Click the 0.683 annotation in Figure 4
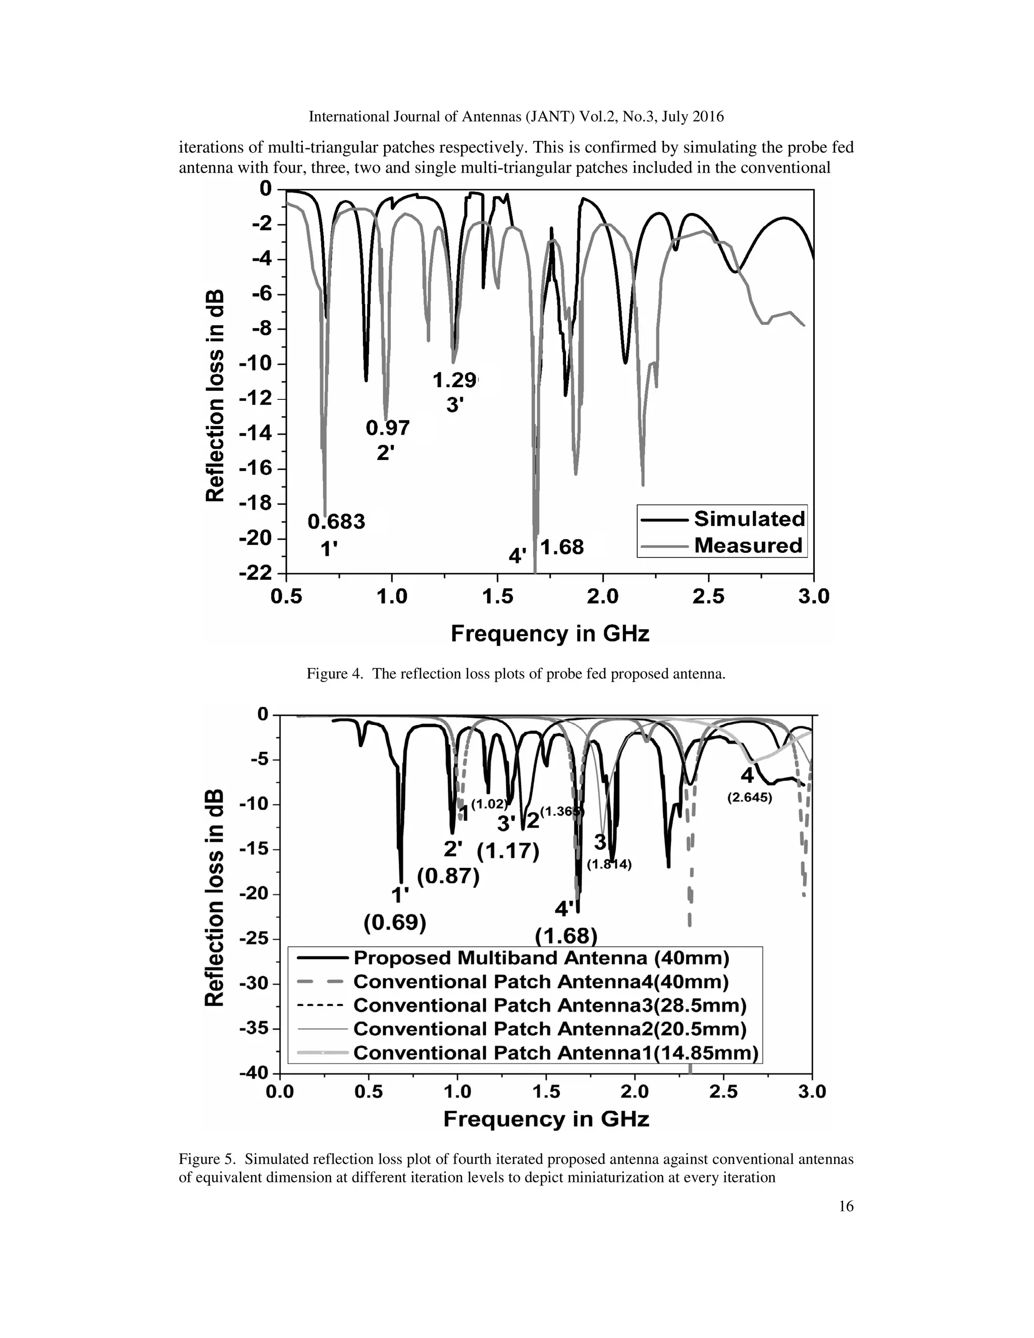[336, 522]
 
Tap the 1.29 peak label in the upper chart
[454, 381]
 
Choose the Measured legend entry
[747, 545]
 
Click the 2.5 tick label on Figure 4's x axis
[708, 596]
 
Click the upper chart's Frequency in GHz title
[549, 634]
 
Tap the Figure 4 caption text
[516, 675]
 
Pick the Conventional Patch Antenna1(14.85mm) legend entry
[555, 1053]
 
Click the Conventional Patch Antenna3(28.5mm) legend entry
[549, 1006]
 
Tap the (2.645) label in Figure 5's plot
[749, 798]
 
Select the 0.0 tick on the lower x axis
[279, 1092]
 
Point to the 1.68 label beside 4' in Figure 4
[562, 547]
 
